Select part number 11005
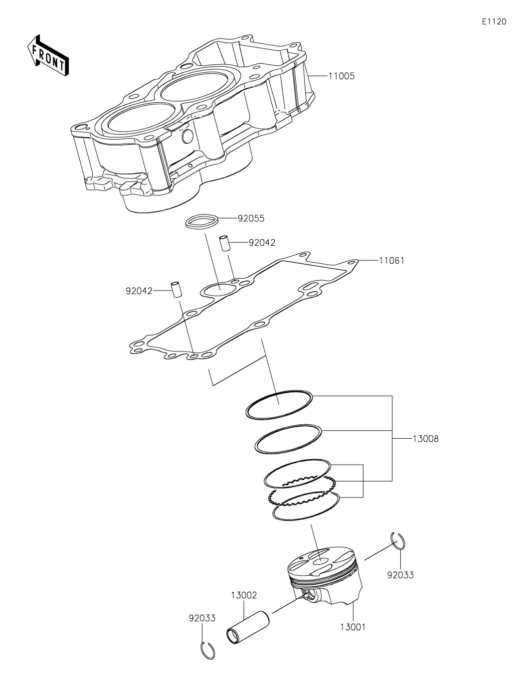[342, 76]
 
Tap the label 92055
[251, 218]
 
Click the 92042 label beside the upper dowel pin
[262, 243]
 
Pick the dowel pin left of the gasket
[176, 290]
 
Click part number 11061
[391, 260]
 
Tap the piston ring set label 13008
[425, 439]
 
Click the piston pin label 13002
[244, 595]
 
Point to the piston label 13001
[353, 627]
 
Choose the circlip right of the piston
[398, 541]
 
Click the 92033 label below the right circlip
[400, 575]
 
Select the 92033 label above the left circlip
[202, 618]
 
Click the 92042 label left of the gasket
[139, 291]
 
